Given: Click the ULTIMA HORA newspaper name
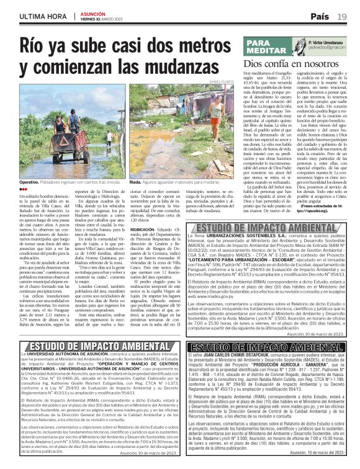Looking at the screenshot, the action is [x=35, y=16].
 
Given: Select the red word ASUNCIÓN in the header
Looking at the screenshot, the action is [x=94, y=12].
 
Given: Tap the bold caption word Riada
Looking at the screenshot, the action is [x=136, y=183].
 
